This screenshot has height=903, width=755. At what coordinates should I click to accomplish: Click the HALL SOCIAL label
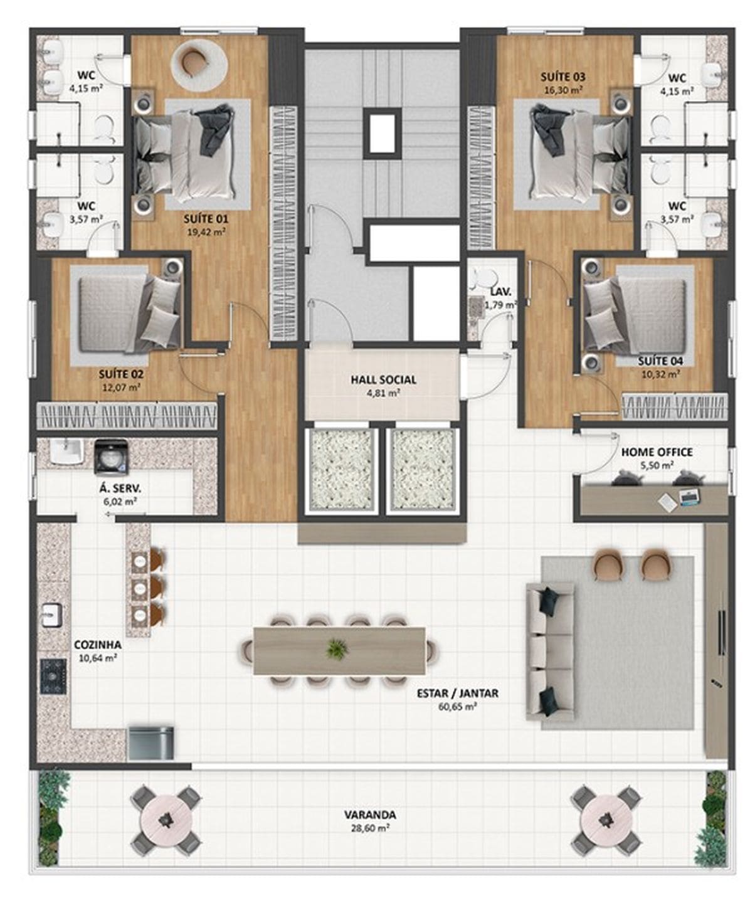pos(383,380)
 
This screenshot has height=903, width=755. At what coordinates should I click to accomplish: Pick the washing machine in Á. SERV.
pos(111,457)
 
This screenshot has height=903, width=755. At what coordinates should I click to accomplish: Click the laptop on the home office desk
pos(689,497)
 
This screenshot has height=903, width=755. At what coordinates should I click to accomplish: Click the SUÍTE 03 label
pos(562,77)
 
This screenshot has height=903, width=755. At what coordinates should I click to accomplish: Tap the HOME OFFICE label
pos(657,452)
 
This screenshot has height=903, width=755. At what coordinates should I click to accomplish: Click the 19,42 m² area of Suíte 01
pos(206,232)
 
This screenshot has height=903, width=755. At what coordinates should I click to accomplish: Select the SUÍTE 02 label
pos(121,374)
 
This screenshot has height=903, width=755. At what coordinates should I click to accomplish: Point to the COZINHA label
pos(98,645)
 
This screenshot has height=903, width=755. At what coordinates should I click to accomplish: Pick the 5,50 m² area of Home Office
pos(657,465)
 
